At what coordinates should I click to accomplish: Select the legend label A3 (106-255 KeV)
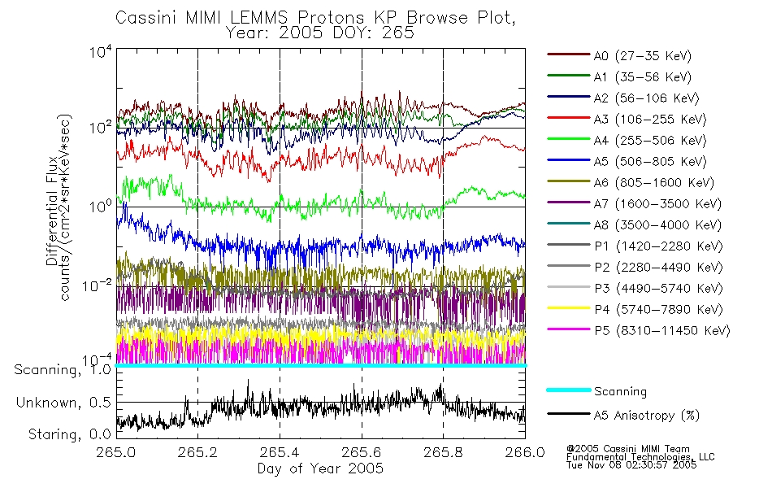click(x=650, y=120)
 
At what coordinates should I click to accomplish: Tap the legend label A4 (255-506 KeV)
click(x=650, y=141)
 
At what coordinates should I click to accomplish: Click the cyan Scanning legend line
click(x=569, y=390)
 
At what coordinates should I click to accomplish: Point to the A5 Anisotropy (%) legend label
click(x=647, y=415)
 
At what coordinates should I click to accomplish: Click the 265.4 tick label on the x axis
click(x=280, y=451)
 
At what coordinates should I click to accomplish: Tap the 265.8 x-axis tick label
click(x=443, y=451)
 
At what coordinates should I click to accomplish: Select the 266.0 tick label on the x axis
click(x=525, y=451)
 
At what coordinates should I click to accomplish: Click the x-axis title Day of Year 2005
click(x=320, y=468)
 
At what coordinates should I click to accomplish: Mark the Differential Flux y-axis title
click(x=52, y=211)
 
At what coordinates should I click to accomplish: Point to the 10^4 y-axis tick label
click(x=101, y=52)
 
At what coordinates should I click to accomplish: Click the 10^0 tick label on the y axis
click(x=101, y=206)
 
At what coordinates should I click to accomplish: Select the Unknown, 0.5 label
click(x=63, y=403)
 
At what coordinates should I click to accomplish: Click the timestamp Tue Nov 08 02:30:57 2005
click(x=631, y=465)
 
